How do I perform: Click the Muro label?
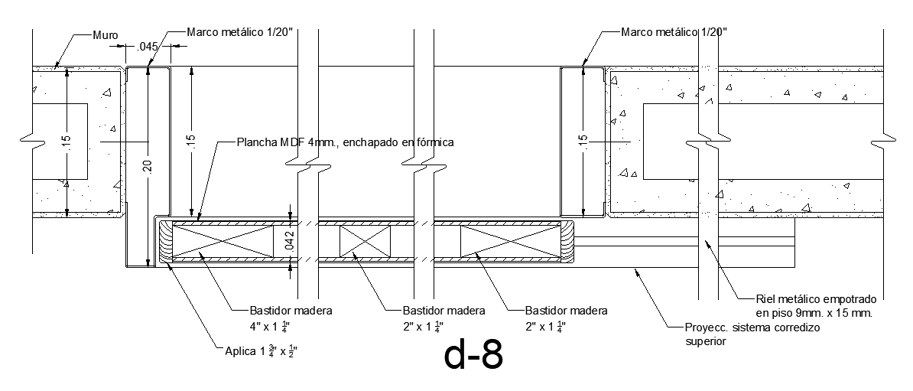[x=105, y=34]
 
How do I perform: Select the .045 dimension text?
[x=147, y=47]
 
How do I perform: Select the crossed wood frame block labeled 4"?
[x=223, y=240]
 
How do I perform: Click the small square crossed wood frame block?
[x=365, y=241]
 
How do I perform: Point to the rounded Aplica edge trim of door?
[x=164, y=241]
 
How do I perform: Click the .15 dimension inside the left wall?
[x=66, y=142]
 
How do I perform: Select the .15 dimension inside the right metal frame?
[x=583, y=142]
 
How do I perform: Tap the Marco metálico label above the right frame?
[x=674, y=31]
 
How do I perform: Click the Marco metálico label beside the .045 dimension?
[x=240, y=31]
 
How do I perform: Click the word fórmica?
[x=435, y=142]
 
